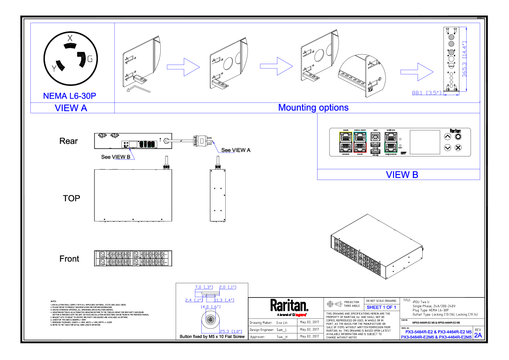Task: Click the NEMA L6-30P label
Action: point(70,96)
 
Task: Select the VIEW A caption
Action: point(71,108)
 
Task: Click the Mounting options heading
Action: point(313,108)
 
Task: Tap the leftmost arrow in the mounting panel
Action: point(183,67)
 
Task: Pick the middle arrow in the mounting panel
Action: point(277,66)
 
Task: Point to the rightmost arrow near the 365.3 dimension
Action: point(417,72)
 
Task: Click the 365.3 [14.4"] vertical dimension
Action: point(465,59)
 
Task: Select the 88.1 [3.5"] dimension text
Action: point(428,93)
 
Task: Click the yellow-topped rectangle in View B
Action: point(346,142)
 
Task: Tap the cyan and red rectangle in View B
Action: point(360,142)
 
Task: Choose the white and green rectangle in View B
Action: point(391,142)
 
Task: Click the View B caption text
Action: point(402,175)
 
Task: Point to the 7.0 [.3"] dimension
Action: point(204,287)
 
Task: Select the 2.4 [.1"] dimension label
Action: point(194,300)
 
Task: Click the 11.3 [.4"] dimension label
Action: point(224,300)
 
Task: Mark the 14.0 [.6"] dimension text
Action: point(211,307)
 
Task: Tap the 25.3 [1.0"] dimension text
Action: point(231,331)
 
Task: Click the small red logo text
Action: point(300,315)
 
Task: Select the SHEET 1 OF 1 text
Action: point(381,307)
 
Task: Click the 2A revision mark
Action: point(478,335)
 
